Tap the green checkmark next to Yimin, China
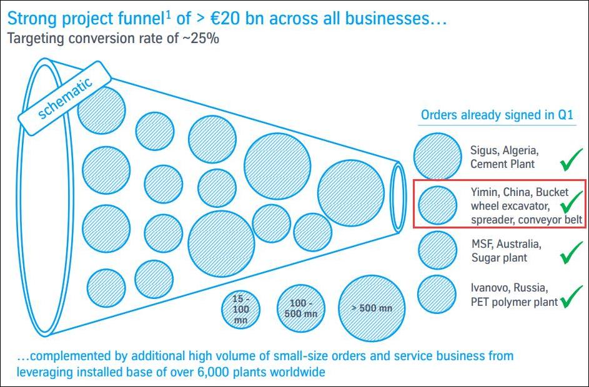point(571,204)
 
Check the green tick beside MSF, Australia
point(571,253)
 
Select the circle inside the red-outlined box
point(438,204)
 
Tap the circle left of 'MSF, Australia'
point(438,250)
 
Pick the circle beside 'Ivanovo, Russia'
point(437,294)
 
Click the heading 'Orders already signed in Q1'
point(497,115)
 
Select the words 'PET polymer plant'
point(514,302)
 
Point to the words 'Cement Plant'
point(502,164)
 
